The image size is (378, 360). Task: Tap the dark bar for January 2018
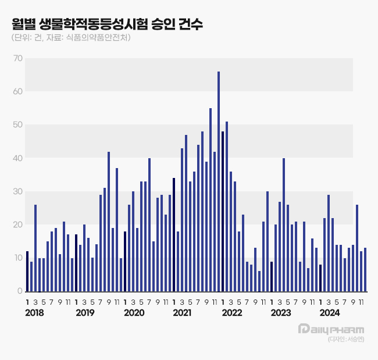pos(27,271)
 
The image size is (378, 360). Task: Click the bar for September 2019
pos(109,221)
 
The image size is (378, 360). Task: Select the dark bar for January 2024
pos(320,277)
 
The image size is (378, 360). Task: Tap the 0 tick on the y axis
pos(20,291)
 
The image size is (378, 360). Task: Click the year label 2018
pos(35,313)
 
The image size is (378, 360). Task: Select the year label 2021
pos(182,313)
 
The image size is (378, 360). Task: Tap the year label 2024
pos(330,313)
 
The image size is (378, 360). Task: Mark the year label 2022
pos(231,313)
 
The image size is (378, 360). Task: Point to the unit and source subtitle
pos(70,38)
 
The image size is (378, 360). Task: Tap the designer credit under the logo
pos(345,340)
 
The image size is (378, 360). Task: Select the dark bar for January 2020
pos(125,261)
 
